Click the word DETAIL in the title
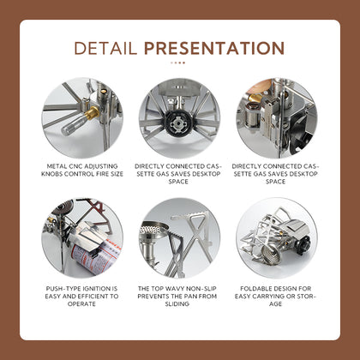coord(105,48)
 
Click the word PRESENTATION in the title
coord(214,48)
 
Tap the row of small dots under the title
coord(177,63)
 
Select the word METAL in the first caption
coord(57,166)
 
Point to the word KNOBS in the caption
coord(51,174)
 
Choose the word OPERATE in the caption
coord(81,304)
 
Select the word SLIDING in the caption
coord(177,304)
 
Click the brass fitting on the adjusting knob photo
coord(92,113)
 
